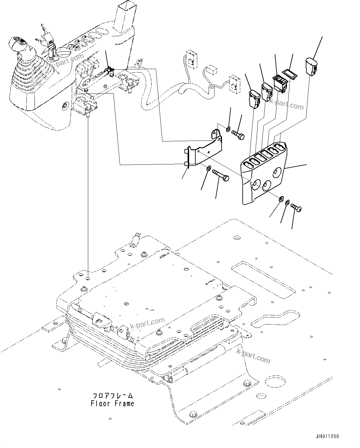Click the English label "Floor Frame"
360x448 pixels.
[112, 404]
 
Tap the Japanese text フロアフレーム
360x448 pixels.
[112, 396]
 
